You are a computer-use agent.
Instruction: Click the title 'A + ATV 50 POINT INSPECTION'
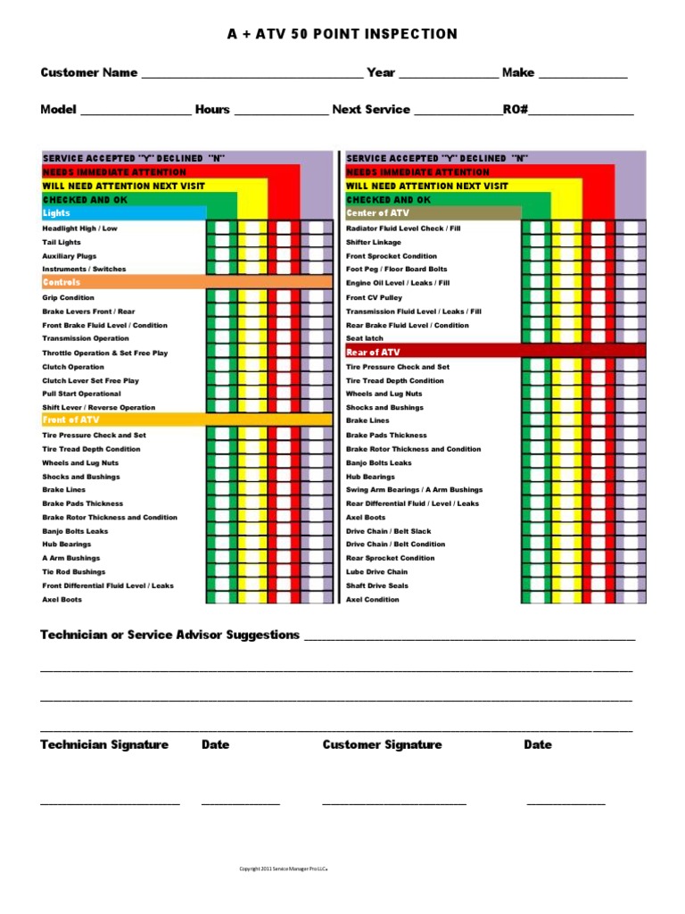(x=342, y=34)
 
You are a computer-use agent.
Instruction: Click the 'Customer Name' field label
(x=89, y=72)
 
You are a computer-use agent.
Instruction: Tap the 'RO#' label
(x=516, y=110)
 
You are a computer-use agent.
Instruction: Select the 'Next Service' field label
(x=371, y=110)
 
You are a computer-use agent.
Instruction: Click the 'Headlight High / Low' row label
(x=79, y=228)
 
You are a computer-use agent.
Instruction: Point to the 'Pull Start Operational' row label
(x=81, y=394)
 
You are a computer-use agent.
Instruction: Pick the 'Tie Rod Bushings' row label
(x=73, y=572)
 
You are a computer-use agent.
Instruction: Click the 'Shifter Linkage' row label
(x=374, y=242)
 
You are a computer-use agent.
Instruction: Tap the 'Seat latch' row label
(x=365, y=338)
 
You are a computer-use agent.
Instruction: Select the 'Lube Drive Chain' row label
(x=376, y=572)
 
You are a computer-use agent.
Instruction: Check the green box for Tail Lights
(x=220, y=242)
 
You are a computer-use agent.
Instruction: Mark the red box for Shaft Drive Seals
(x=598, y=586)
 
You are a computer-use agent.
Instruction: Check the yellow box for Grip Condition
(x=252, y=297)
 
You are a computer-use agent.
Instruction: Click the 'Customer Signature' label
(x=382, y=744)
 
